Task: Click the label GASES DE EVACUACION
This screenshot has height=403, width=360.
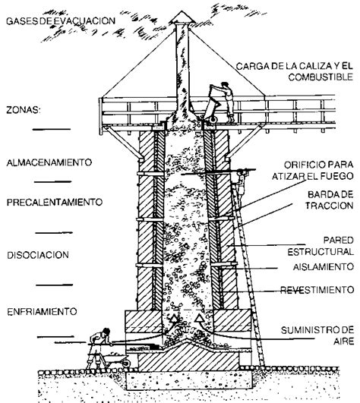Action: pyautogui.click(x=61, y=21)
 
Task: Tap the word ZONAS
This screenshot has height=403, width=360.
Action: pyautogui.click(x=24, y=110)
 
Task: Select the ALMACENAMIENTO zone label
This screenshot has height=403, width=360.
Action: pyautogui.click(x=49, y=162)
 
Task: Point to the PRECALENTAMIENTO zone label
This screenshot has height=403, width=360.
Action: pyautogui.click(x=55, y=203)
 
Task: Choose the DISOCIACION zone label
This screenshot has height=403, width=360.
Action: pyautogui.click(x=38, y=255)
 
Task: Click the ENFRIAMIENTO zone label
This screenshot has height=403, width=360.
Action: pyautogui.click(x=42, y=311)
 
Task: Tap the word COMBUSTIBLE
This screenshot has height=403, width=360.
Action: pyautogui.click(x=321, y=77)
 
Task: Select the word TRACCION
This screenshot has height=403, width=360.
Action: pyautogui.click(x=330, y=206)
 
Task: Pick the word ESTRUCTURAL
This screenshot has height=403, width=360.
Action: pyautogui.click(x=321, y=252)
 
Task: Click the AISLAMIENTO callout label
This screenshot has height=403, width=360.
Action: pyautogui.click(x=324, y=267)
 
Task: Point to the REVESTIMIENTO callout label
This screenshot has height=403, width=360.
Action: pyautogui.click(x=317, y=290)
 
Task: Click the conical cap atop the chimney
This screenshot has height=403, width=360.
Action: pyautogui.click(x=182, y=17)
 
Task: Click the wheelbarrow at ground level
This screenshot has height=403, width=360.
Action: pyautogui.click(x=115, y=358)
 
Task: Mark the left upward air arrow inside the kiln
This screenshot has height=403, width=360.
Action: pyautogui.click(x=174, y=319)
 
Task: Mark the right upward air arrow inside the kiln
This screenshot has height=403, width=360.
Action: pyautogui.click(x=200, y=319)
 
